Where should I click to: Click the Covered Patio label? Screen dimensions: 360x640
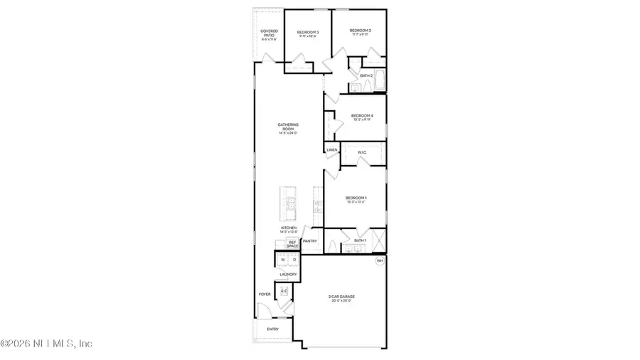click(x=269, y=32)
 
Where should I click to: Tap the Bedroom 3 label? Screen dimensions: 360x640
click(x=308, y=33)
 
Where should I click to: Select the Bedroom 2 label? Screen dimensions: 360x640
click(x=361, y=31)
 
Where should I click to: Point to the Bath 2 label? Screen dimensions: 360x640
click(x=366, y=75)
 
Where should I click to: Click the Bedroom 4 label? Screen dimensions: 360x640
click(x=362, y=116)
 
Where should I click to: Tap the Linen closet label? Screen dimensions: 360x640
click(x=331, y=150)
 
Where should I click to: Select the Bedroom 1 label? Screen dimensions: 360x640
click(x=356, y=198)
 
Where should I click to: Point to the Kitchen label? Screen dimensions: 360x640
click(x=288, y=228)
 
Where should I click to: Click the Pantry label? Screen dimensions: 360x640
click(x=309, y=241)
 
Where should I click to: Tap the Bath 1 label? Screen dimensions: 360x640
click(x=360, y=241)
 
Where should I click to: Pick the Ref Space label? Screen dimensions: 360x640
click(x=292, y=243)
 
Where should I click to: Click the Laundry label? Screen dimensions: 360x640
click(x=288, y=274)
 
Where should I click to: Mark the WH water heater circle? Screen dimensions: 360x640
click(x=380, y=260)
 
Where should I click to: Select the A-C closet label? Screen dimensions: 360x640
click(x=284, y=291)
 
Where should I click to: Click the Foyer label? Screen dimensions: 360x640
click(x=265, y=294)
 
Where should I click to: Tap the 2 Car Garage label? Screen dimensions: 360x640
click(x=343, y=297)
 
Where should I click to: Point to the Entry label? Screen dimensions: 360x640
click(x=273, y=329)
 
